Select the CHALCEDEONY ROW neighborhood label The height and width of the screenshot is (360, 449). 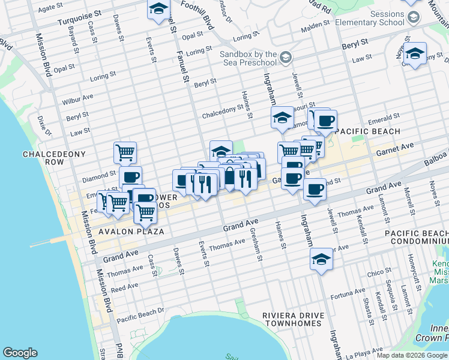[51, 158]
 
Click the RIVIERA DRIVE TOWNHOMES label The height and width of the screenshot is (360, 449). [294, 320]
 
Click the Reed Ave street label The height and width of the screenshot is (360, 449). [124, 289]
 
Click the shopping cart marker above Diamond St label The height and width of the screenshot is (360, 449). [125, 152]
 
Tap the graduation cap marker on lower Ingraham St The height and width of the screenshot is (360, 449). [321, 260]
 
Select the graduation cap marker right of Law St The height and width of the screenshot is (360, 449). [415, 54]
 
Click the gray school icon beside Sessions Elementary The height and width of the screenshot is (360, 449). [413, 17]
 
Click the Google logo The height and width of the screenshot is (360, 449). [20, 353]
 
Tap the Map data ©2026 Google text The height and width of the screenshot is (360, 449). [411, 355]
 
